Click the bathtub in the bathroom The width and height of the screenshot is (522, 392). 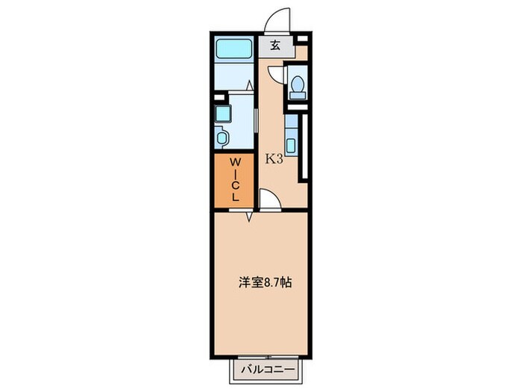pyautogui.click(x=234, y=51)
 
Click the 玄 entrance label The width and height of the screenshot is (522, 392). pyautogui.click(x=274, y=46)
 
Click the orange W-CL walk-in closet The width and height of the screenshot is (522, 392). pyautogui.click(x=234, y=180)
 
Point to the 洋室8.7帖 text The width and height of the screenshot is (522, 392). pyautogui.click(x=264, y=283)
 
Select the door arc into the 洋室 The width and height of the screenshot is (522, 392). pyautogui.click(x=268, y=199)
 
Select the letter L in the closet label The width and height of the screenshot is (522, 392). pyautogui.click(x=234, y=197)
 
